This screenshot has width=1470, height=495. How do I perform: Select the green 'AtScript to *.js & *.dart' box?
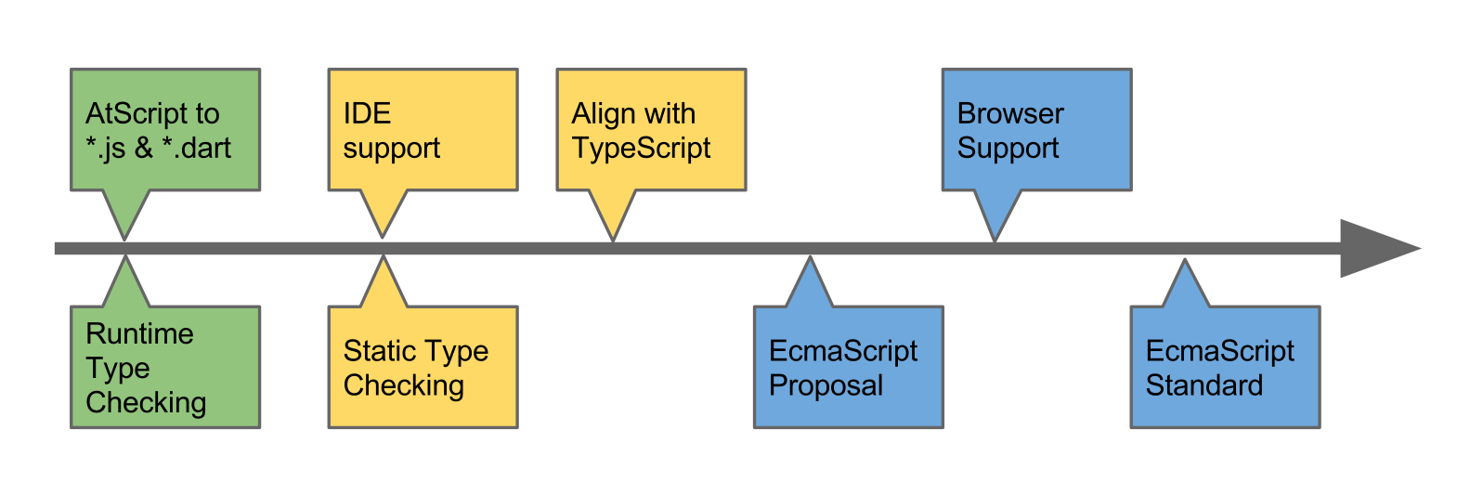coord(165,130)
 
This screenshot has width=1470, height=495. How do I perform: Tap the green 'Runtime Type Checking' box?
coord(165,367)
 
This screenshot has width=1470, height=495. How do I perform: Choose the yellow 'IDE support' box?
coord(423,130)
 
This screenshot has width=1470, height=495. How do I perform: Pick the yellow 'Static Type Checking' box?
coord(423,367)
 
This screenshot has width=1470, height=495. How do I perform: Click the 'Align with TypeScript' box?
coord(652,130)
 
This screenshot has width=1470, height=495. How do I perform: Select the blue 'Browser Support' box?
coord(1037,130)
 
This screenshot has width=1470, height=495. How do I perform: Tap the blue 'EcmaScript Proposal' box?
coord(849,367)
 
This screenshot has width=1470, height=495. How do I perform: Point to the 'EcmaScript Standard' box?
coord(1225,367)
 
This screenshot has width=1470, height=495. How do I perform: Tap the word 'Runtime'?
coord(140,333)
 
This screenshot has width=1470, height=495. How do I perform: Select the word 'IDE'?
coord(367,113)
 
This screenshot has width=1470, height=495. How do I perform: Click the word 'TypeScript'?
coord(641,149)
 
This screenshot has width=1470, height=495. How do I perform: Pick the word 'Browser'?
coord(1010,113)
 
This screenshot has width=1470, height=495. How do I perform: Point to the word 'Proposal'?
coord(826,385)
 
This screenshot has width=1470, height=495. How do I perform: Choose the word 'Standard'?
coord(1204,385)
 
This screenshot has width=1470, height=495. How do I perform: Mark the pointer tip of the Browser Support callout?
coord(995,241)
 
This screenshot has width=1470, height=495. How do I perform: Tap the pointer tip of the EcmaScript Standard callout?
coord(1185,259)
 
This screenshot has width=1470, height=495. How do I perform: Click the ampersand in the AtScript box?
coord(144,149)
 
